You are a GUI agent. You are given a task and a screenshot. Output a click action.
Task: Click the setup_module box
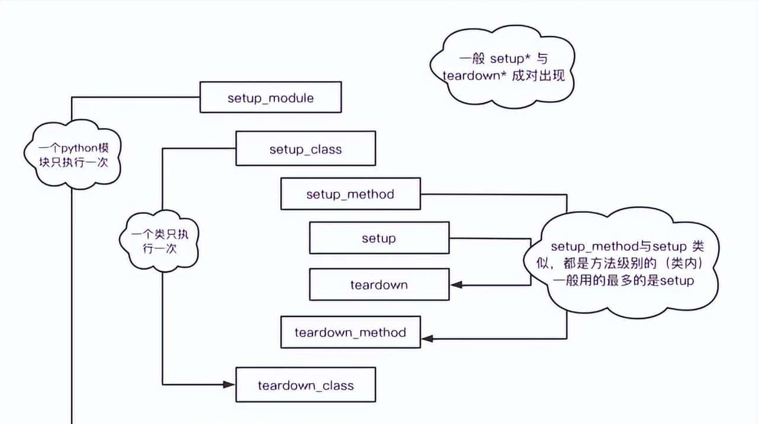coord(271,98)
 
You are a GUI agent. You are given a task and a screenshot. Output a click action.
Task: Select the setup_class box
coord(306,148)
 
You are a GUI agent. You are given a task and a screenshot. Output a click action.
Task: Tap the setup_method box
coord(351,194)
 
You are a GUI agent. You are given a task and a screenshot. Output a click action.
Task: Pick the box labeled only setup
coord(379,238)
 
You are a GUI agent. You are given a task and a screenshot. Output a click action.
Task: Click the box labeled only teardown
coord(379,284)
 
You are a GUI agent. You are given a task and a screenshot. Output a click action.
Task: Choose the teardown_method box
coord(351,332)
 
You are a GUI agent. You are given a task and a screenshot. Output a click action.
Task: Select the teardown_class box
coord(306,385)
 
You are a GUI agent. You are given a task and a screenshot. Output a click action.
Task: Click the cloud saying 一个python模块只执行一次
coord(72,155)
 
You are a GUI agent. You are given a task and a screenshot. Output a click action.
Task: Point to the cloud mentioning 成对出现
coord(502,67)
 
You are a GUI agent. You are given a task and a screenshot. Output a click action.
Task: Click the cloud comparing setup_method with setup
coord(622,263)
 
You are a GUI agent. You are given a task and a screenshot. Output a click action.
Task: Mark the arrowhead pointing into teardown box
coord(455,285)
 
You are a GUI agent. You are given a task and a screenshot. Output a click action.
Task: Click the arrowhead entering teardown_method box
coord(427,338)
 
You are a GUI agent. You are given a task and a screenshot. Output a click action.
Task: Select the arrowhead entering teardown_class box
coord(230,385)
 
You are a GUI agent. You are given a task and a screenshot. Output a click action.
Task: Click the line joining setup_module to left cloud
coord(136,98)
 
